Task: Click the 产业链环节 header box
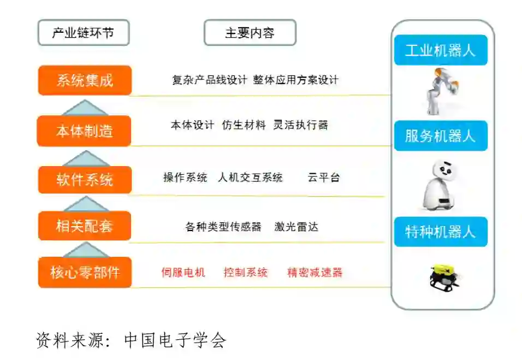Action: (x=84, y=33)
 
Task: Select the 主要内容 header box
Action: (x=250, y=33)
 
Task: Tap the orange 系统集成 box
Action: (x=85, y=80)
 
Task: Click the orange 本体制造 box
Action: (x=85, y=131)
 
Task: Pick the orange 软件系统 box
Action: (x=85, y=179)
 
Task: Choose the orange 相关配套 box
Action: (x=85, y=226)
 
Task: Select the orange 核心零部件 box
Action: (x=85, y=272)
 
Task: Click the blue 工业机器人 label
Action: (x=440, y=51)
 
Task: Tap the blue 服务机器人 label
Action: (x=440, y=135)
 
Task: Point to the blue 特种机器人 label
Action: (x=440, y=231)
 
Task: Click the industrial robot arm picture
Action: (x=441, y=91)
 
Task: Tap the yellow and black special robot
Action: (x=443, y=276)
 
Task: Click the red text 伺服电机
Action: (x=183, y=272)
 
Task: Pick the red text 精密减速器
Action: (x=315, y=272)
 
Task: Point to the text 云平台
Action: (x=323, y=178)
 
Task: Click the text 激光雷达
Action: (x=296, y=226)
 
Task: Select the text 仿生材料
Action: (x=244, y=125)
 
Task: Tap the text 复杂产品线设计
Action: (x=210, y=80)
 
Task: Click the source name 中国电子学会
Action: (x=175, y=340)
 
